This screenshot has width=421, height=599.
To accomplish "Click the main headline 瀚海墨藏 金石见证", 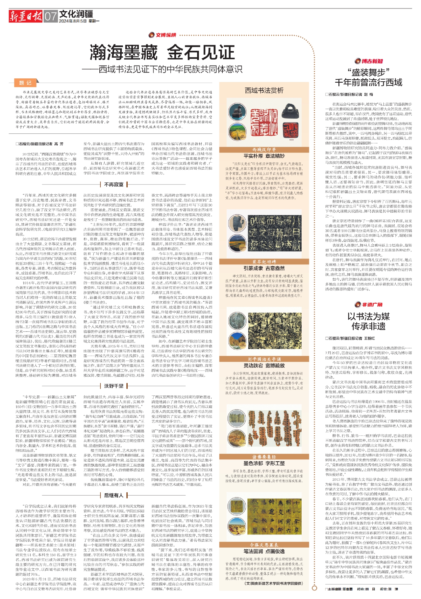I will click(x=162, y=52).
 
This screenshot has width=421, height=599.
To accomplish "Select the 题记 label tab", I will click(x=25, y=83).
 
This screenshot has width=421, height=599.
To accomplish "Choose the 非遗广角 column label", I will click(x=369, y=305).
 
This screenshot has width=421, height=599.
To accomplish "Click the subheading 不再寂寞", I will click(x=114, y=184).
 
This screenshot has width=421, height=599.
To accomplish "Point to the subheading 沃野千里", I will click(x=114, y=386).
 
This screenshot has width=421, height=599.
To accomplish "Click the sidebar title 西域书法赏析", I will click(x=264, y=91).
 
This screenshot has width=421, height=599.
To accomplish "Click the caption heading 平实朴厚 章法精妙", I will click(x=264, y=156).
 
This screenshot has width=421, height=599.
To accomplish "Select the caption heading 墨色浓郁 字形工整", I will click(x=264, y=463).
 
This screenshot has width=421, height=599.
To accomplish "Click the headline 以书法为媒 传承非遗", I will click(x=369, y=321).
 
